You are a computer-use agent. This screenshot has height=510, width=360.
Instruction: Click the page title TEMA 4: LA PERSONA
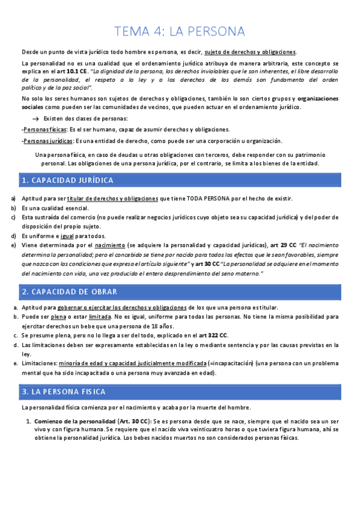click(180, 31)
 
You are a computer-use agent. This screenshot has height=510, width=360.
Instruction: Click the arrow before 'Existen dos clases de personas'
click(35, 119)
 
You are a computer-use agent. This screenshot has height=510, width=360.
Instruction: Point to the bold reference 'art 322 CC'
click(213, 335)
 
